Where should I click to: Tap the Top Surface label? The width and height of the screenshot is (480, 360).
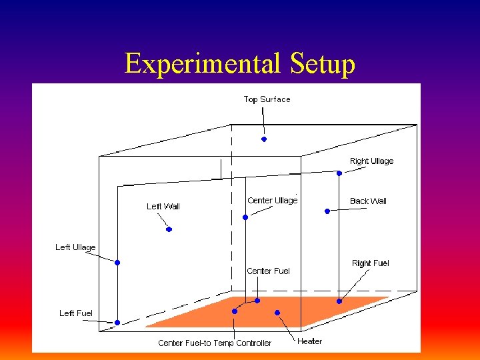[x=267, y=99]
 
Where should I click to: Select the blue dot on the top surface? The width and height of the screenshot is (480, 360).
[x=264, y=139]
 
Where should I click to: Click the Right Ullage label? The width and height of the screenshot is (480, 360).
[x=371, y=161]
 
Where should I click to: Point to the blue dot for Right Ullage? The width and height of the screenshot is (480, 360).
[x=339, y=173]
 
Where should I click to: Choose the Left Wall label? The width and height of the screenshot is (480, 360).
[x=163, y=206]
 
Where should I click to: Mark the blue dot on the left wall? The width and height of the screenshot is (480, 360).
[x=169, y=229]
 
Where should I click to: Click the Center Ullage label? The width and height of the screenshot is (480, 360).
[x=272, y=201]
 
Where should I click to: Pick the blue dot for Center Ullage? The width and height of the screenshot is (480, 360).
[x=245, y=217]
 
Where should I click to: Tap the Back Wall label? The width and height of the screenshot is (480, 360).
[x=368, y=201]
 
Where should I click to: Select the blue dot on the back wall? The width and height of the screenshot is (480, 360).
[x=327, y=211]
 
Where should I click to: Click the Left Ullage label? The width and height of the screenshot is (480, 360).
[x=75, y=247]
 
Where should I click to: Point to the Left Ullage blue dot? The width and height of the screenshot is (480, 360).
[x=117, y=263]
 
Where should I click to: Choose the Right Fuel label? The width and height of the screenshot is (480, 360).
[x=370, y=263]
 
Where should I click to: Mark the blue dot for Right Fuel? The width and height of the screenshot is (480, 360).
[x=339, y=301]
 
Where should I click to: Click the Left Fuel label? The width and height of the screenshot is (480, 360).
[x=76, y=313]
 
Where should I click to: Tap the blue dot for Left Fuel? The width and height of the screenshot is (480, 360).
[x=117, y=323]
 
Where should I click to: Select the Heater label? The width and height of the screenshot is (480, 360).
[x=309, y=341]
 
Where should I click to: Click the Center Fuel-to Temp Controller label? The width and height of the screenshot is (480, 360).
[x=215, y=343]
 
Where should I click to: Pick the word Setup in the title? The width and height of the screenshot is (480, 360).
[x=323, y=65]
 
